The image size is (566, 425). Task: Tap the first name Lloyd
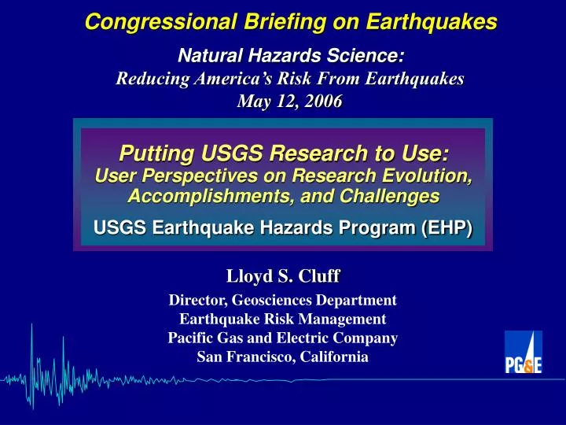[x=248, y=275]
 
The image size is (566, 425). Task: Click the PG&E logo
[x=523, y=352]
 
